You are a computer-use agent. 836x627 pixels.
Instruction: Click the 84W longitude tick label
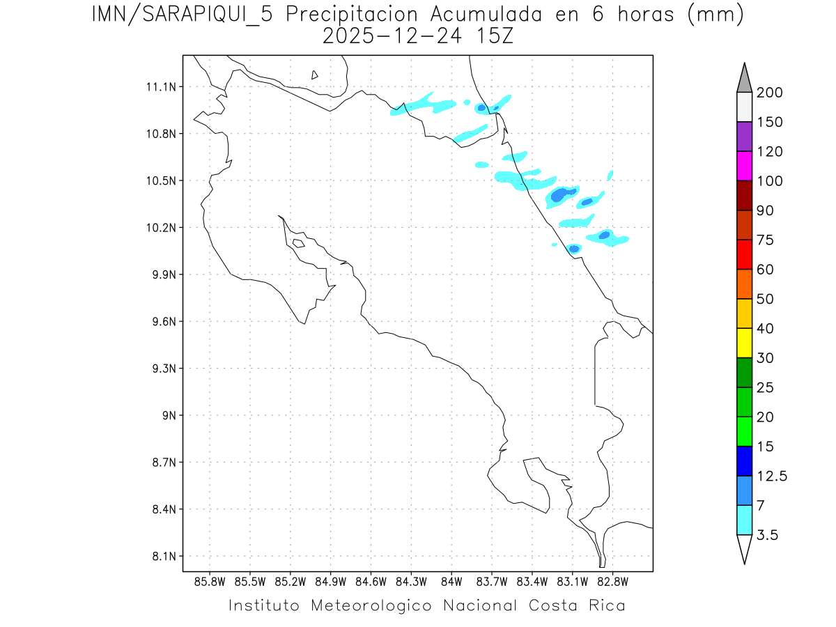click(x=451, y=582)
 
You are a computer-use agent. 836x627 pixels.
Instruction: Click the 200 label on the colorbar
click(x=769, y=93)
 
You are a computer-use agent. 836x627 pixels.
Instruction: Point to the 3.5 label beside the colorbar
click(x=768, y=535)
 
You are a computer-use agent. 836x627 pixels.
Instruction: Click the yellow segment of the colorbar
click(x=744, y=343)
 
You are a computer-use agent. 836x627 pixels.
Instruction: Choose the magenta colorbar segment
click(x=744, y=166)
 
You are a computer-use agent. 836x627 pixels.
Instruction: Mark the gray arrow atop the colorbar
click(x=744, y=79)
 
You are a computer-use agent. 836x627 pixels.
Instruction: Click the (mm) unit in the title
click(x=715, y=15)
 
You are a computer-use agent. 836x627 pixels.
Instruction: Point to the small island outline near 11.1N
click(x=315, y=75)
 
